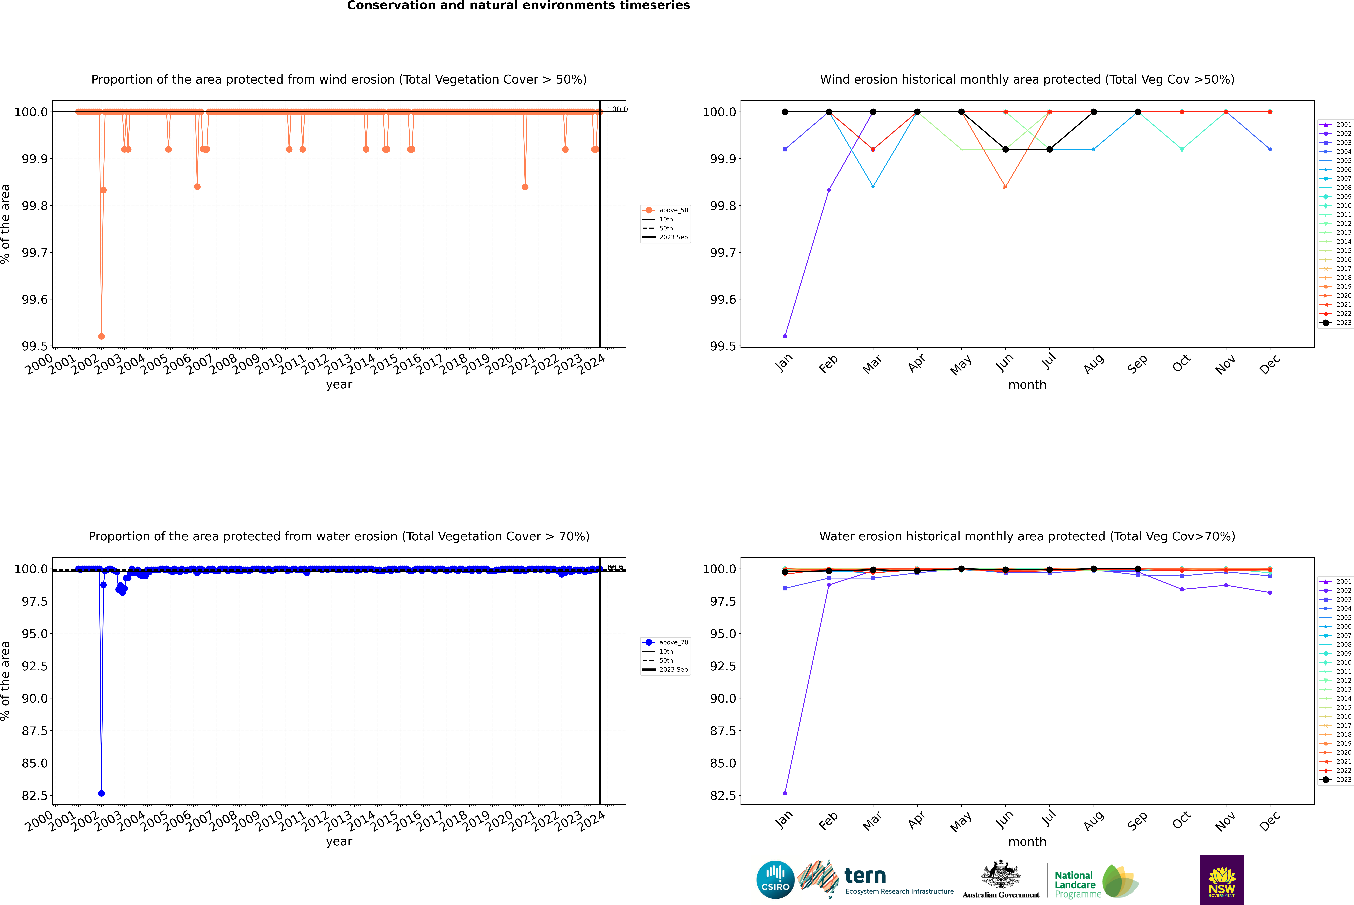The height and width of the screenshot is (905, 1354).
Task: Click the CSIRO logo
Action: tap(775, 880)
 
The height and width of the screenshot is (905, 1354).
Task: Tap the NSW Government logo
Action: tap(1222, 880)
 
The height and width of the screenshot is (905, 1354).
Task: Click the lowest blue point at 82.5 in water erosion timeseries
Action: tap(102, 793)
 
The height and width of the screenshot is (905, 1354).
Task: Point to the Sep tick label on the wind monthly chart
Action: tap(1137, 364)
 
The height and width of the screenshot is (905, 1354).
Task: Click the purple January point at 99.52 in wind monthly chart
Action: tap(785, 336)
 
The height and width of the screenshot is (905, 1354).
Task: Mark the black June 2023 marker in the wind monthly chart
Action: tap(1005, 150)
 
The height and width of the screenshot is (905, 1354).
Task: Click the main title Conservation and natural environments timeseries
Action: tap(518, 6)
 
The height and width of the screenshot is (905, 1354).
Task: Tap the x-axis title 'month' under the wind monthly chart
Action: tap(1027, 385)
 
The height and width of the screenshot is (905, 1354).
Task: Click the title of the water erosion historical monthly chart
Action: tap(1027, 536)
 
